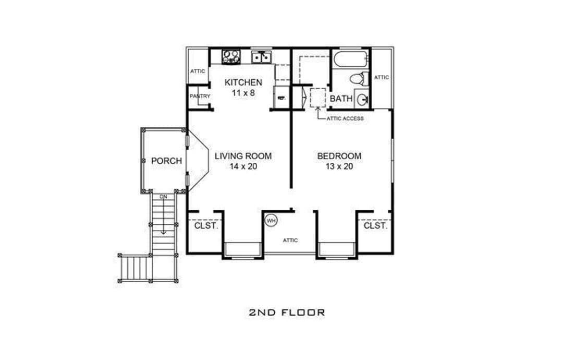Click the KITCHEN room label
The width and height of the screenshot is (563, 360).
(x=243, y=82)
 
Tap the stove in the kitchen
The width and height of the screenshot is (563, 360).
(x=231, y=57)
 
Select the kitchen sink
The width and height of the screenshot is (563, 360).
(x=261, y=57)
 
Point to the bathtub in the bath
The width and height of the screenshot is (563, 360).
(x=350, y=58)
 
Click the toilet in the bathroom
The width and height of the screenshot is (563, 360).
(x=359, y=79)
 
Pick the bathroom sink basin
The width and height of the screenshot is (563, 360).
(x=362, y=98)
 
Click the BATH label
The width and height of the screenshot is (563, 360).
(x=341, y=99)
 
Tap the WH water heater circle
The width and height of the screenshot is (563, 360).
(x=271, y=220)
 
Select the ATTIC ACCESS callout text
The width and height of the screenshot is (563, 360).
(x=345, y=118)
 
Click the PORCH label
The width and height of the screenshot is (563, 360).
(x=166, y=161)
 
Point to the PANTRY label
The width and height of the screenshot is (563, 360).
(x=200, y=97)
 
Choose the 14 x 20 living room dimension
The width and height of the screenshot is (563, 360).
(x=243, y=166)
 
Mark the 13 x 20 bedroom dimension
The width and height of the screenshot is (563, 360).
(x=339, y=166)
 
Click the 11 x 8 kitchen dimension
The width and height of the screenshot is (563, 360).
(x=243, y=93)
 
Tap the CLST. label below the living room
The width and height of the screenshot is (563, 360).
(x=206, y=226)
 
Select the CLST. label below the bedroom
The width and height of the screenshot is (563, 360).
(x=375, y=226)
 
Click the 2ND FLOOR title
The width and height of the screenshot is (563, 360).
(x=287, y=312)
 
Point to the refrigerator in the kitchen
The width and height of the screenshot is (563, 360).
(x=281, y=97)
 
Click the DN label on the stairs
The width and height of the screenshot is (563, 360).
(x=163, y=197)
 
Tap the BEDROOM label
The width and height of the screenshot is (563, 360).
(x=339, y=156)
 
